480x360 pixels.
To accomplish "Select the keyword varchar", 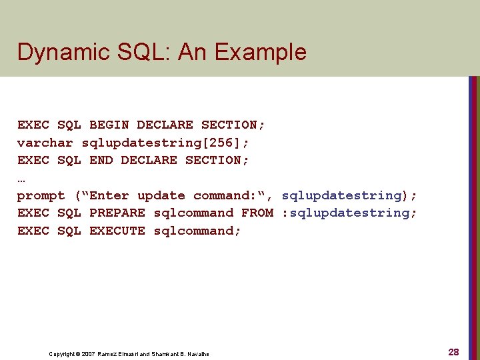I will point(45,143).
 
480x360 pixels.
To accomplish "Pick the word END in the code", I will point(101,160).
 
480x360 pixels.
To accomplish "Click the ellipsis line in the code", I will point(21,178).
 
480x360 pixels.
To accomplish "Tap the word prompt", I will point(41,195).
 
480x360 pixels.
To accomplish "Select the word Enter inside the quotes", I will point(109,195).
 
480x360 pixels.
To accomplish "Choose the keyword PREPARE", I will point(117,213).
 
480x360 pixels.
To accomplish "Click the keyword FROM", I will point(257,213).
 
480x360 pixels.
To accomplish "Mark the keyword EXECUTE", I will point(117,231).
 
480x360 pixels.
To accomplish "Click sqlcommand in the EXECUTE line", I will point(197,231).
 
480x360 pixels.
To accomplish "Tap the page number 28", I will point(453,352).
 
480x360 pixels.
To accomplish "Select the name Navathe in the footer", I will point(198,353).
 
